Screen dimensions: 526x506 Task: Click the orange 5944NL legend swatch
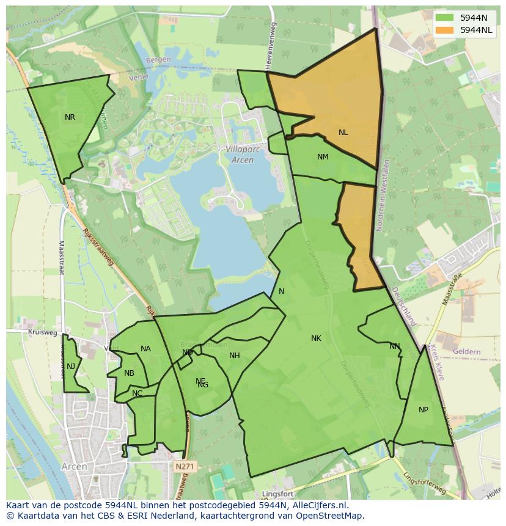click(444, 30)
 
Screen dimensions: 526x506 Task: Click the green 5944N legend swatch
click(444, 18)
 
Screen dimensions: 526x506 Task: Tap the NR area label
click(70, 117)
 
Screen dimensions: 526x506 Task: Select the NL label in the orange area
click(343, 133)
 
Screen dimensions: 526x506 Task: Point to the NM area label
click(323, 157)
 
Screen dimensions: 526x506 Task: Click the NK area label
click(316, 338)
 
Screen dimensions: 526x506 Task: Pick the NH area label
click(235, 356)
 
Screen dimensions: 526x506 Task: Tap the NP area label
click(424, 410)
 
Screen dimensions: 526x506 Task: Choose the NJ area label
click(71, 367)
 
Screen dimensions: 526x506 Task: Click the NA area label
click(145, 349)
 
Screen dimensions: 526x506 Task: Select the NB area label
click(129, 373)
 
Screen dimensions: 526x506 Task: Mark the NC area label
click(137, 393)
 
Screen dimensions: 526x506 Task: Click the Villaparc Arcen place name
click(238, 155)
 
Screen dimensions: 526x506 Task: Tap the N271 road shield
click(183, 467)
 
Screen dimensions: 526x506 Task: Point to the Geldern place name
click(468, 352)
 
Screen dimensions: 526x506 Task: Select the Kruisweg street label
click(42, 333)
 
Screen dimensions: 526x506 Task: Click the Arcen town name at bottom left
click(75, 467)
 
